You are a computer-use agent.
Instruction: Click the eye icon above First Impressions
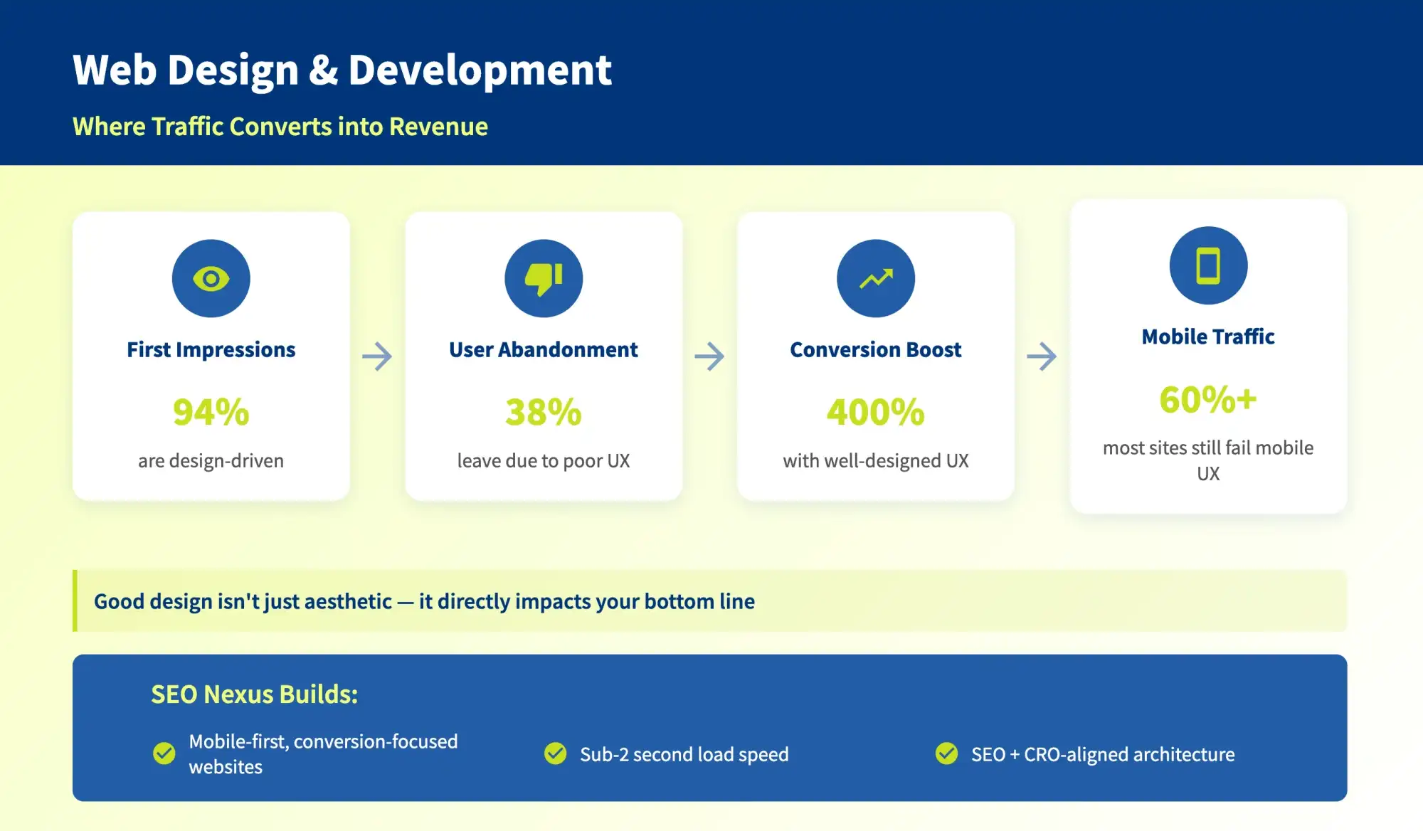[x=211, y=278]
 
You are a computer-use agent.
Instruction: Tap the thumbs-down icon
[x=544, y=278]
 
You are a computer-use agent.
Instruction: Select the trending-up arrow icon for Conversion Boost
[x=876, y=278]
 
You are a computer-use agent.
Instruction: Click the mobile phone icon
[x=1208, y=265]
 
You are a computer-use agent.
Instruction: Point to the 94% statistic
[x=211, y=412]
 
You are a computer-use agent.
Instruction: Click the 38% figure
[x=544, y=412]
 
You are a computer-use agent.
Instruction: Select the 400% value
[x=876, y=412]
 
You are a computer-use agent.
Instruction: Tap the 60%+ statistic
[x=1208, y=399]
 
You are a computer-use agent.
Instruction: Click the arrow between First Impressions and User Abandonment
[x=377, y=356]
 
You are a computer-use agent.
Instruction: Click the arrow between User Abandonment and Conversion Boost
[x=709, y=356]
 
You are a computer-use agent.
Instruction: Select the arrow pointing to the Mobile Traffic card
[x=1042, y=356]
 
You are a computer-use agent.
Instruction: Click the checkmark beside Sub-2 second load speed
[x=555, y=753]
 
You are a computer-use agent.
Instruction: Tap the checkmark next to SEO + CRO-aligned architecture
[x=946, y=753]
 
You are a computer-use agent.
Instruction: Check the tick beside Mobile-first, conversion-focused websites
[x=164, y=753]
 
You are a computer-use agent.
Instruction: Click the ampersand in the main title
[x=323, y=70]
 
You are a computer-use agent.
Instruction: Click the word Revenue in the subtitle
[x=438, y=127]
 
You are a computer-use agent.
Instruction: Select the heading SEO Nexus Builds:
[x=254, y=694]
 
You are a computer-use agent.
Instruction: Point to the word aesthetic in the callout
[x=348, y=602]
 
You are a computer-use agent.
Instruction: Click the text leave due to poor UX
[x=544, y=461]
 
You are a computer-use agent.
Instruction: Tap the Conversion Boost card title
[x=876, y=350]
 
